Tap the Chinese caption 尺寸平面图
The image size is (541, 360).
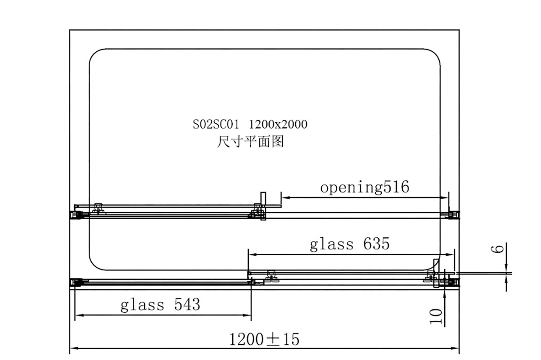tap(250, 142)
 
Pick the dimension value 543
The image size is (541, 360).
tap(186, 305)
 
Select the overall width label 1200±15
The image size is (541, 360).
tap(264, 339)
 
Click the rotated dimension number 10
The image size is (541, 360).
tap(436, 317)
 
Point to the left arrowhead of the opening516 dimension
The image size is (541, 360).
tap(284, 198)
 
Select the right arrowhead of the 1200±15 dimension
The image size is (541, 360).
tap(455, 348)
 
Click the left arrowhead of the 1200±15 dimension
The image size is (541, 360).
tap(73, 348)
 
